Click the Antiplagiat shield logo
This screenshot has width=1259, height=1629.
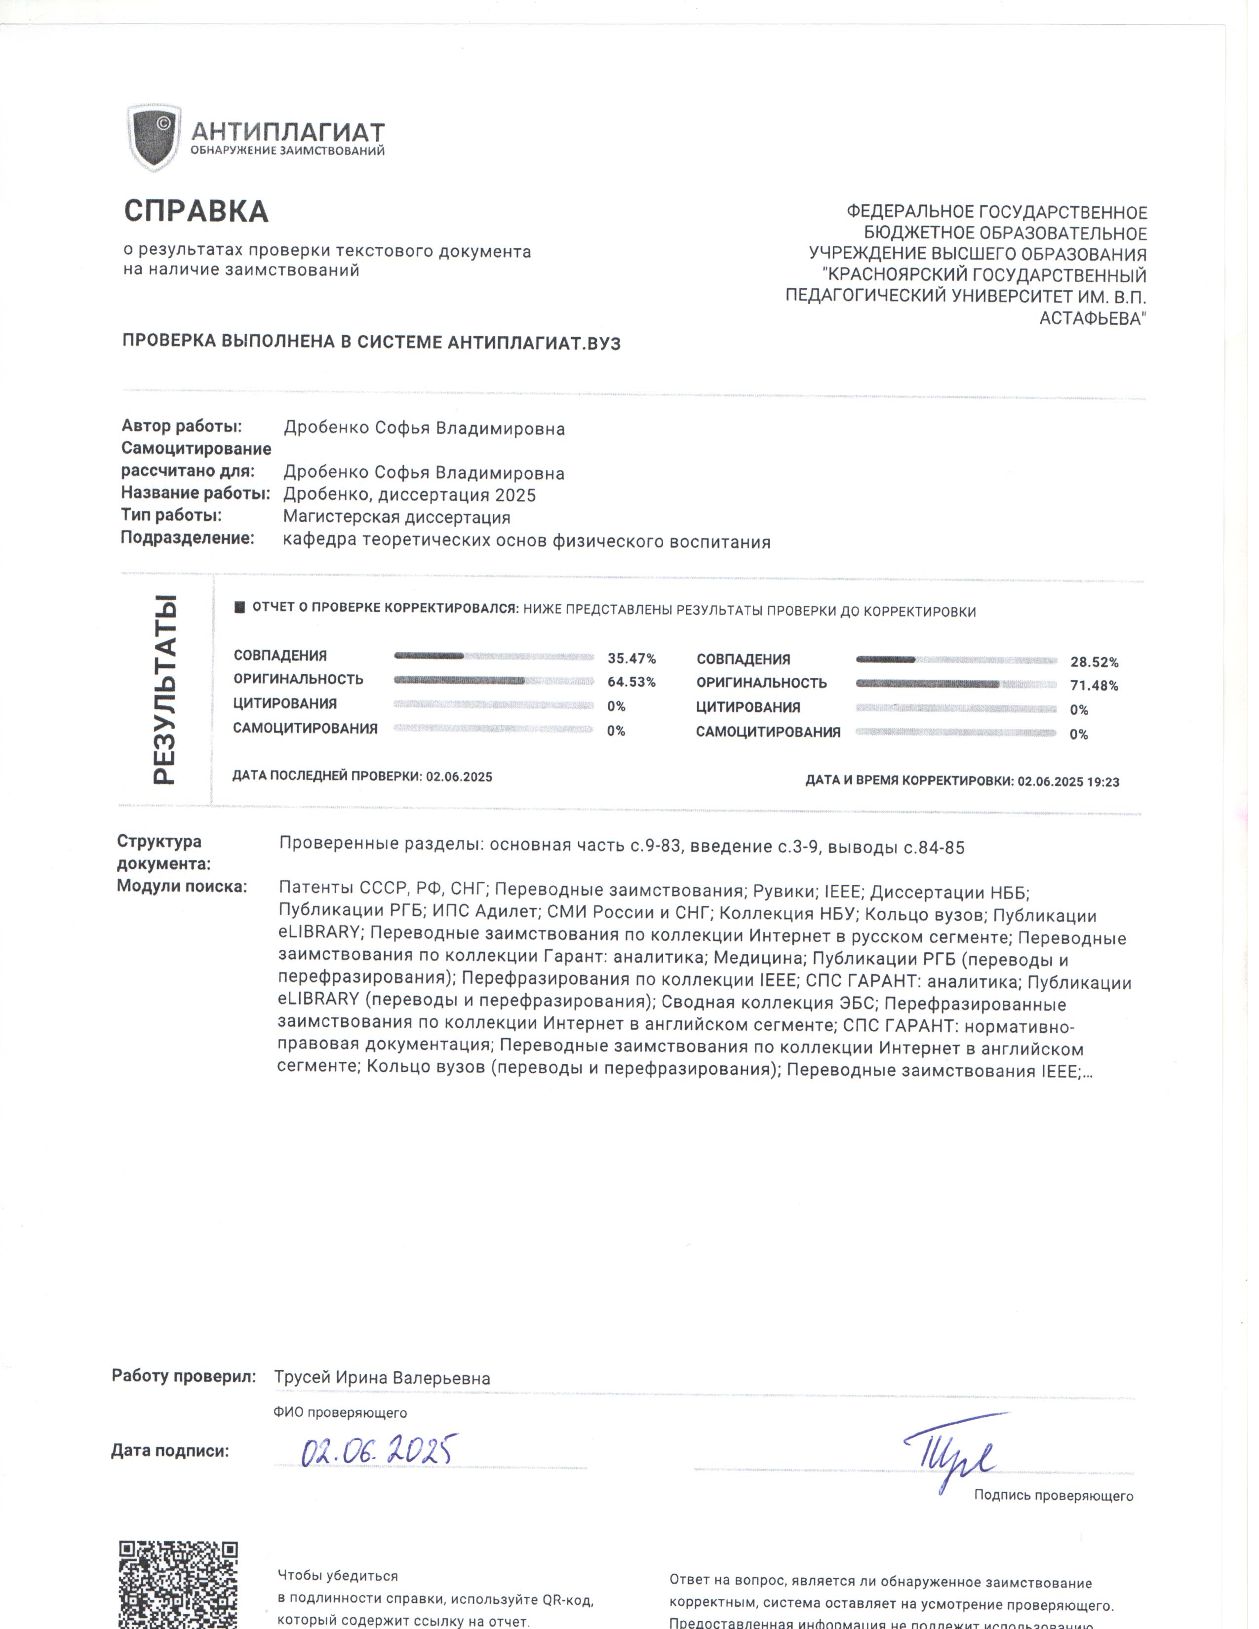(x=154, y=137)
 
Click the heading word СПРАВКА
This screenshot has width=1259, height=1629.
(x=196, y=211)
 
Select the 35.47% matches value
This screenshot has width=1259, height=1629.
(x=631, y=659)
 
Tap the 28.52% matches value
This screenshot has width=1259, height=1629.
(x=1094, y=662)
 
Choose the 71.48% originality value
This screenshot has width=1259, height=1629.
(x=1094, y=686)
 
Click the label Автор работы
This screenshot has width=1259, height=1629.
(x=182, y=426)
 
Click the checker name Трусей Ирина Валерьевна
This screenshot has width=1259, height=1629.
(x=382, y=1378)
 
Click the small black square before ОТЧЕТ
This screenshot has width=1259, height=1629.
(x=239, y=607)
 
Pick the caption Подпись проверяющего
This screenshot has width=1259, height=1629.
(x=1053, y=1496)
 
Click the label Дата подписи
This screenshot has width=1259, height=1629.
(x=170, y=1451)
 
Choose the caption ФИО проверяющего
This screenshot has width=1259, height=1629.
(x=340, y=1413)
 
